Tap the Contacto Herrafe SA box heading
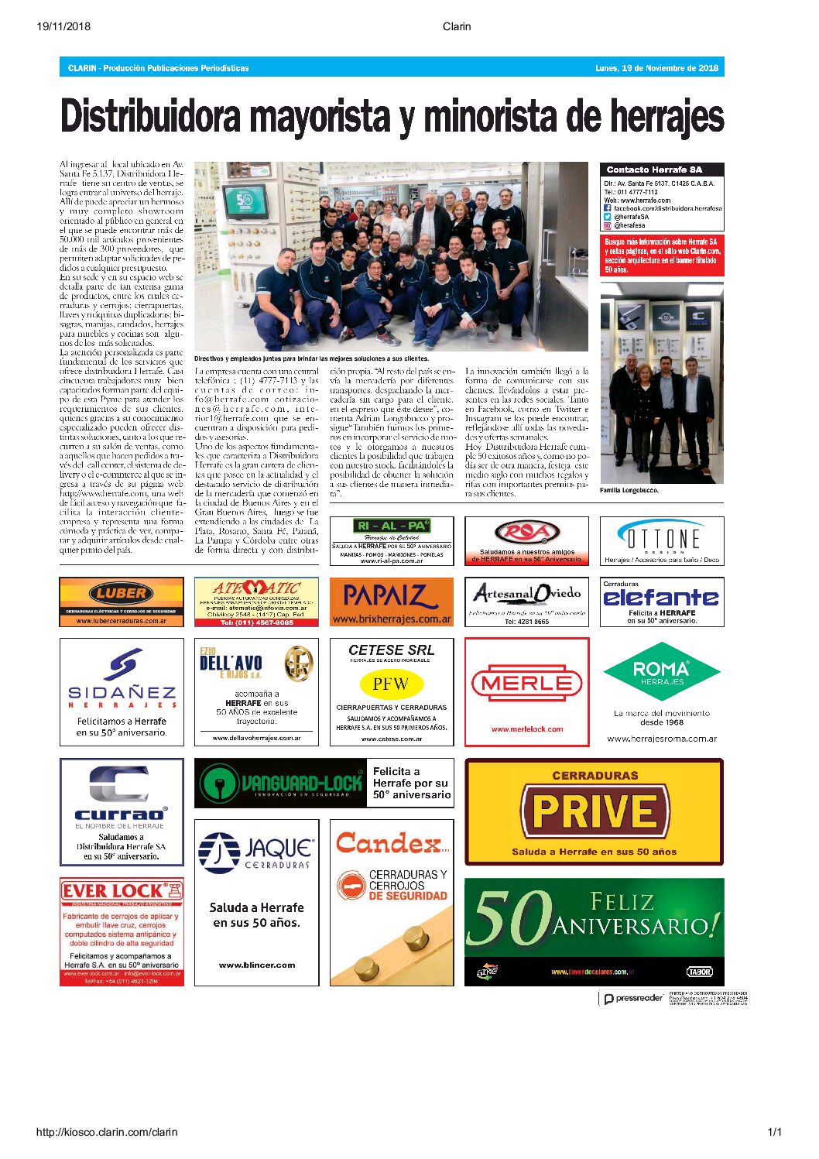pyautogui.click(x=654, y=170)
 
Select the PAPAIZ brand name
pyautogui.click(x=391, y=596)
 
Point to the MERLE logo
pyautogui.click(x=527, y=684)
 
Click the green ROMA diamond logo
pyautogui.click(x=661, y=670)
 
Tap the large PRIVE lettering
pyautogui.click(x=595, y=811)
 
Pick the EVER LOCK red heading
pyautogui.click(x=114, y=891)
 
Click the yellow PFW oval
pyautogui.click(x=391, y=684)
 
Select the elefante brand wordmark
pyautogui.click(x=661, y=598)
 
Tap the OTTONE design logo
pyautogui.click(x=661, y=537)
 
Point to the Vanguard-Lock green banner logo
pyautogui.click(x=280, y=784)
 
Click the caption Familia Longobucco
pyautogui.click(x=629, y=490)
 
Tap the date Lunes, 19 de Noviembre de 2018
pyautogui.click(x=656, y=68)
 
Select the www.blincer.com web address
pyautogui.click(x=256, y=965)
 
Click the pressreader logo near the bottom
pyautogui.click(x=633, y=998)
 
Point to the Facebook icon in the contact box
pyautogui.click(x=608, y=208)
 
